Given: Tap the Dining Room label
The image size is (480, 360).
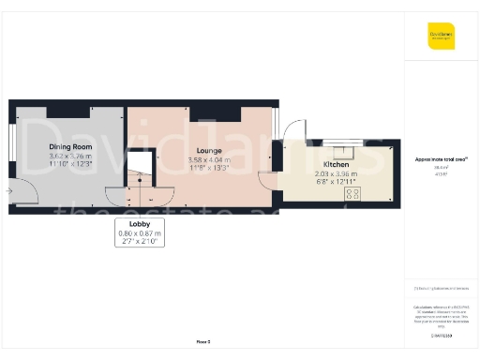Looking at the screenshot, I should [70, 147].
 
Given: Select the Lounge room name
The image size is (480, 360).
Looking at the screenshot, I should [208, 149].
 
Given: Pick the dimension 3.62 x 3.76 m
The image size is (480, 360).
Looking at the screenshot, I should [71, 156].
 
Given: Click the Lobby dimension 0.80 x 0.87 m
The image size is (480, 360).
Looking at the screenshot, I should [140, 234].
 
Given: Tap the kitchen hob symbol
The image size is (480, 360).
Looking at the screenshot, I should [353, 193].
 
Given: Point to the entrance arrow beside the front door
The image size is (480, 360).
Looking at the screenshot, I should [8, 191].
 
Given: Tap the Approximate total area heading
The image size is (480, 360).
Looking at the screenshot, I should [441, 159].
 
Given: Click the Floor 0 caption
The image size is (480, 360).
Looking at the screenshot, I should [202, 343].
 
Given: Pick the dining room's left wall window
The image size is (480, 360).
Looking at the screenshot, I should [11, 149].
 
